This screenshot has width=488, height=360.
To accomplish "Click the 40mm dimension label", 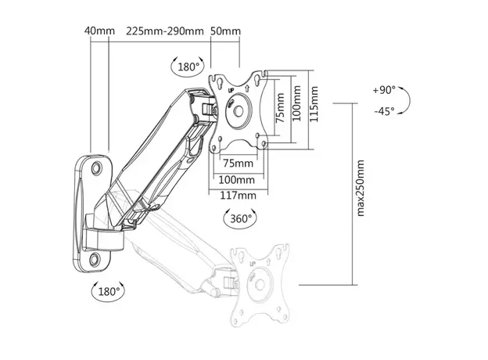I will pyautogui.click(x=99, y=31).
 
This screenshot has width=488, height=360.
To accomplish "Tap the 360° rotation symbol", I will pyautogui.click(x=240, y=218).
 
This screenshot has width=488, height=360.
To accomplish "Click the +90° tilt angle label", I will pyautogui.click(x=384, y=91).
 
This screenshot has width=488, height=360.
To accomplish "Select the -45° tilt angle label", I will pyautogui.click(x=384, y=111).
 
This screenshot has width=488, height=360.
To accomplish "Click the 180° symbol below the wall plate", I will pyautogui.click(x=107, y=291).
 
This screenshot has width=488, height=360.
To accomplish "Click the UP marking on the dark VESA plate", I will pyautogui.click(x=231, y=93).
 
